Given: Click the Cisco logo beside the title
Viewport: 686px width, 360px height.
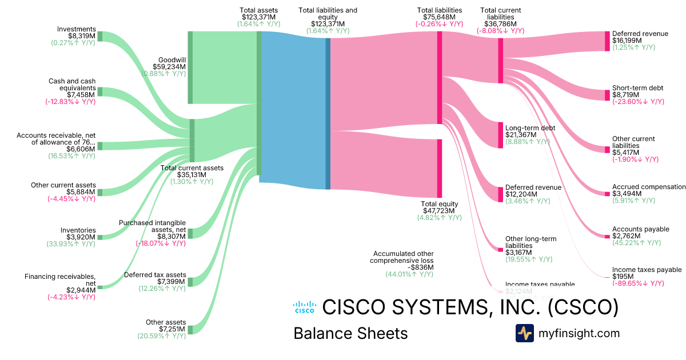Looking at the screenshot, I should (x=304, y=307).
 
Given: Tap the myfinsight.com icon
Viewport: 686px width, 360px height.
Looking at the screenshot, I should (x=524, y=333).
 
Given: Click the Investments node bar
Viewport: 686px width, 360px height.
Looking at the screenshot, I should (x=99, y=36).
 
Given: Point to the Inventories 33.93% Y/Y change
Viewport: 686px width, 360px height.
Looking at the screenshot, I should (x=71, y=244).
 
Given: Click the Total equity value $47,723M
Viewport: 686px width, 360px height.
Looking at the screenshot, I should (x=440, y=211).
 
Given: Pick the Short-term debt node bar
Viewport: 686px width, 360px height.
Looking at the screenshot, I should (x=607, y=95).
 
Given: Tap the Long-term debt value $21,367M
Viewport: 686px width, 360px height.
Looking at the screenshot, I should (x=521, y=135).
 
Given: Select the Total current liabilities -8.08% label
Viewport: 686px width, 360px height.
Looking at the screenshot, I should (x=500, y=31).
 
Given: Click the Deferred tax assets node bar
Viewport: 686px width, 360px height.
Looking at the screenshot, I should (x=190, y=282).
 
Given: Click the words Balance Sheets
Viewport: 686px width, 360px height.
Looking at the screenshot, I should (x=350, y=334).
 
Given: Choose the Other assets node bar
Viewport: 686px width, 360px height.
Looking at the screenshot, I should (x=190, y=329).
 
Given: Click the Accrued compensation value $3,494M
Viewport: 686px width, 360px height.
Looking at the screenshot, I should (x=627, y=194).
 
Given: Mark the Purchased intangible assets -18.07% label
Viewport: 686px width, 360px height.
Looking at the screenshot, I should (x=161, y=243).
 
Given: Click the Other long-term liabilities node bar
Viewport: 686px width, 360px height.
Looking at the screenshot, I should (x=500, y=249).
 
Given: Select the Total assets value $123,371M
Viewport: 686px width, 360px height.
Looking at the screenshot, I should (x=259, y=18).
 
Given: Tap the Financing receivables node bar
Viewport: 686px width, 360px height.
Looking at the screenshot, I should (x=99, y=287).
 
